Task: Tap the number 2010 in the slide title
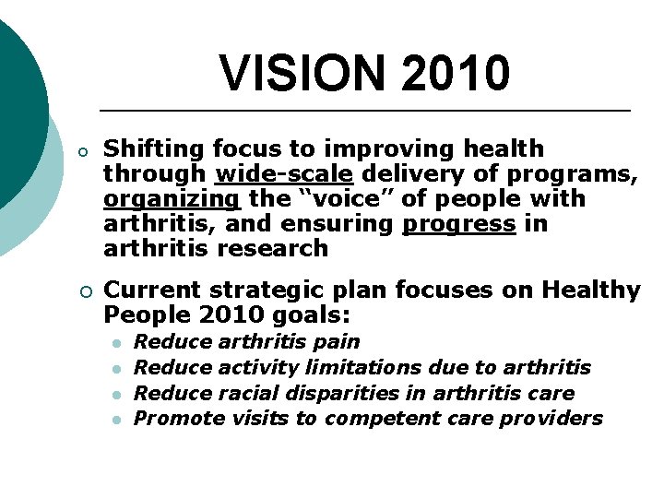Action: (x=455, y=73)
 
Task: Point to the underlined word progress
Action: (x=458, y=223)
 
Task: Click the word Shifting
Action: (x=154, y=148)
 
